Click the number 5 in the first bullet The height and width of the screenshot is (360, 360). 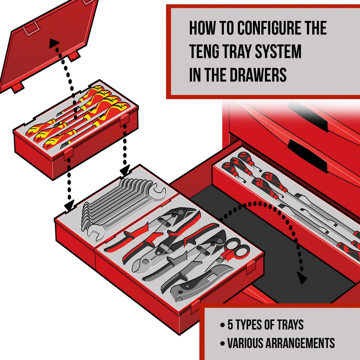click(x=230, y=325)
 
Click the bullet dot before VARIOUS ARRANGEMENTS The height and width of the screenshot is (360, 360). click(x=223, y=343)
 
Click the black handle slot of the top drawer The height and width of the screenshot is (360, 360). click(x=309, y=118)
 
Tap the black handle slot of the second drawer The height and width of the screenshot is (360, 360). click(x=307, y=153)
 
